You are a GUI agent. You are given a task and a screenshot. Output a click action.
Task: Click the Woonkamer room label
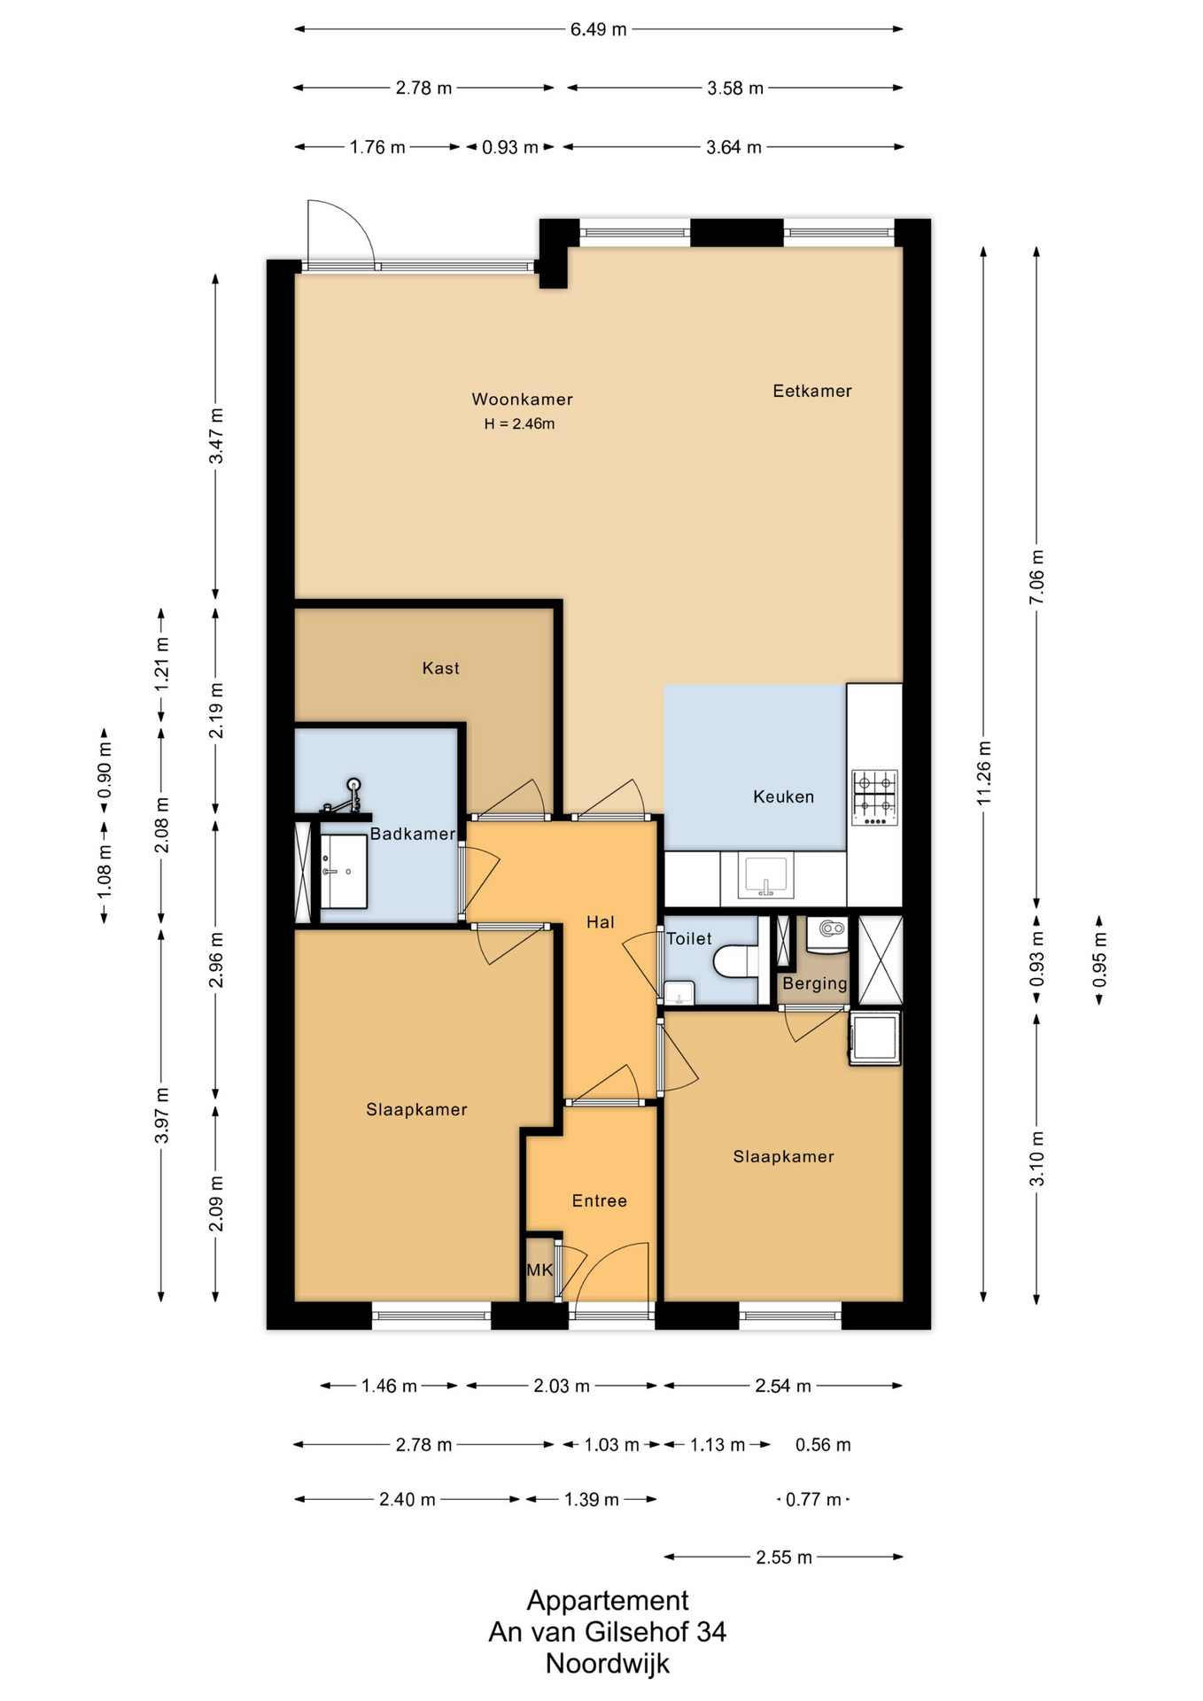coord(522,400)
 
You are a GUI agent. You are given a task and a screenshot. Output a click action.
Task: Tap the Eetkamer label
coord(812,391)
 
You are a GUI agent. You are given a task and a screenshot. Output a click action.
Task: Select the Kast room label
coord(440,668)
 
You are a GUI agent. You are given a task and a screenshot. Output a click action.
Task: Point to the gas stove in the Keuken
coord(874,797)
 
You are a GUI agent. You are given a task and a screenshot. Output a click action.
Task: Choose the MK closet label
coord(539,1270)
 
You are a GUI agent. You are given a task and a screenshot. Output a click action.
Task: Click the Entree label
coord(600,1200)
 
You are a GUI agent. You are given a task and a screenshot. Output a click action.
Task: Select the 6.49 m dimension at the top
coord(598,29)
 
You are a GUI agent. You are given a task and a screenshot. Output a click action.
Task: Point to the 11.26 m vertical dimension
coord(984,773)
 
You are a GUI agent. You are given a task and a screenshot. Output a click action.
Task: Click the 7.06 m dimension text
coord(1037,577)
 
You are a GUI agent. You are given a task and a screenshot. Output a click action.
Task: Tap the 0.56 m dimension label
coord(823,1445)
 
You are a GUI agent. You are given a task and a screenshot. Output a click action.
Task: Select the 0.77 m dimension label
coord(813,1500)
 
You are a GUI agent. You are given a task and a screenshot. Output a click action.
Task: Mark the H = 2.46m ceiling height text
coord(519,424)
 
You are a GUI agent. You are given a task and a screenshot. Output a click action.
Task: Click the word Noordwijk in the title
coord(608,1664)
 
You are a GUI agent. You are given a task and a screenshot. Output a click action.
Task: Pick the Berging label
coord(815,983)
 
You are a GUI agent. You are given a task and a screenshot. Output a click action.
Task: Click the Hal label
coord(600,922)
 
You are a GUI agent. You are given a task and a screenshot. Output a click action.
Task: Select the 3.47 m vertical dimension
coord(216,435)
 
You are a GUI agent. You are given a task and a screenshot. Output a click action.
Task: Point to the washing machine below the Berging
coord(875,1038)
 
